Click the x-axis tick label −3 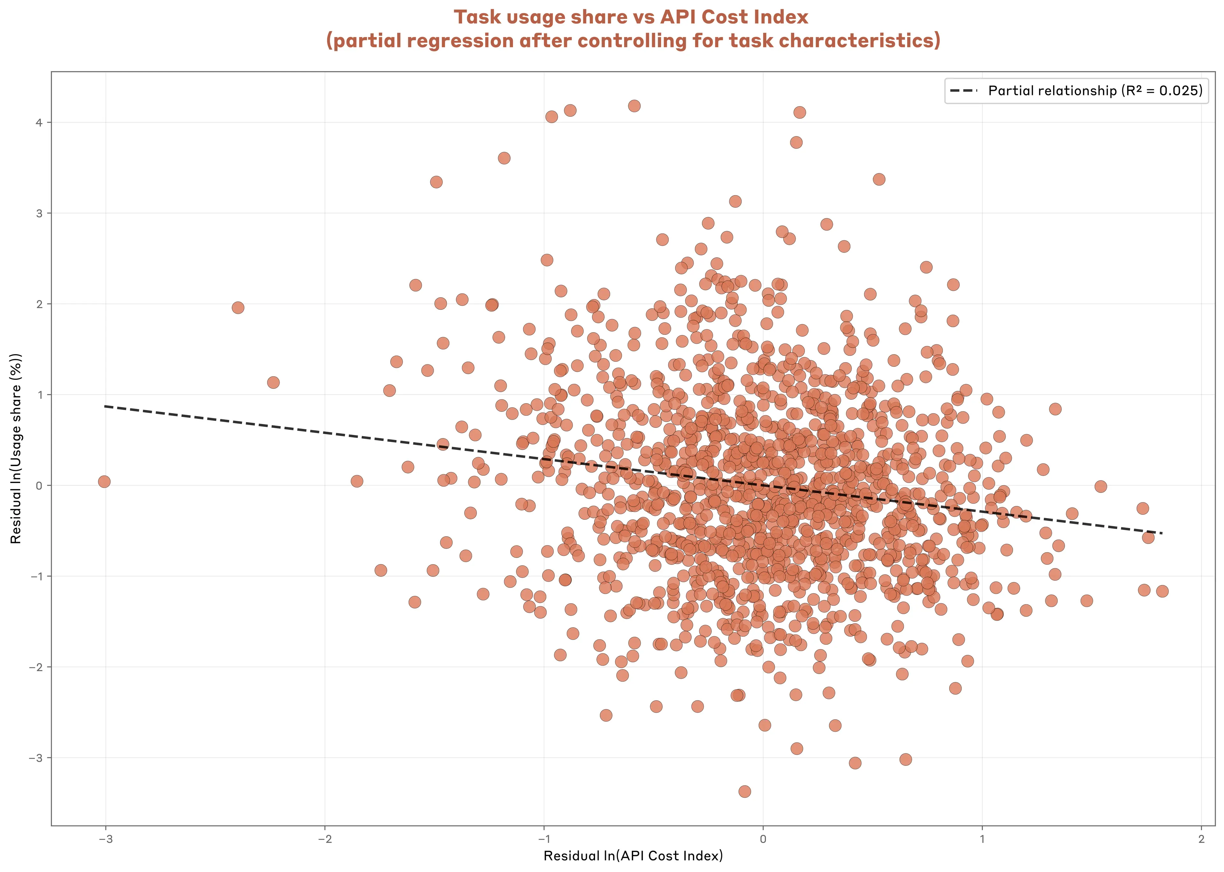pos(105,839)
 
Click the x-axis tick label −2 pos(324,839)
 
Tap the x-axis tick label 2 pos(1201,839)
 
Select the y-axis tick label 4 pos(39,122)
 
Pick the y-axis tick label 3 pos(39,213)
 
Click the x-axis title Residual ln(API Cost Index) pos(633,856)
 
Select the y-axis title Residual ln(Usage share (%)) pos(16,448)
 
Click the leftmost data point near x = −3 pos(104,482)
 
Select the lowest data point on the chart pos(745,791)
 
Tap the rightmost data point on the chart pos(1162,591)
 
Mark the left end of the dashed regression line pos(105,407)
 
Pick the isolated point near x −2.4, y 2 pos(238,308)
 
